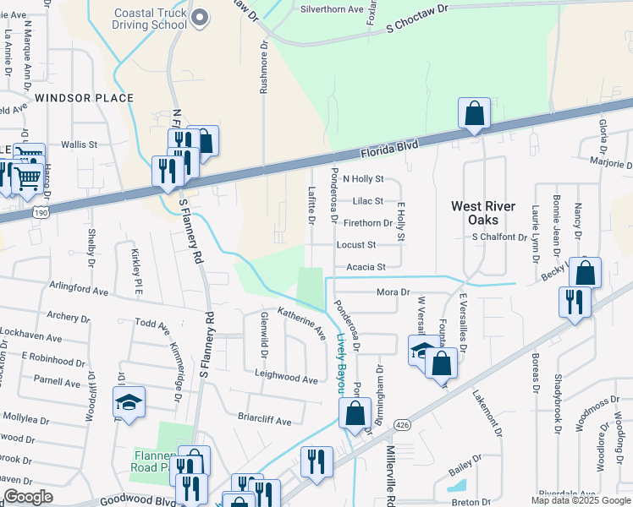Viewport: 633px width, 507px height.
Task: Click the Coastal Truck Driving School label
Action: point(151,18)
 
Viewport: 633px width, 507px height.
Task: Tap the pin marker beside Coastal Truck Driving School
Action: point(200,18)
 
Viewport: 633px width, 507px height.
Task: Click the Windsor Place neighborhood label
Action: point(85,98)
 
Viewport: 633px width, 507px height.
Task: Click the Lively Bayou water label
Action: point(341,362)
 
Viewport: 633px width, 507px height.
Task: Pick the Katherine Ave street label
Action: point(302,323)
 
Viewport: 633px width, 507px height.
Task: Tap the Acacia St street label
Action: point(366,267)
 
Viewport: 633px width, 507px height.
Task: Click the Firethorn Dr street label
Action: point(368,223)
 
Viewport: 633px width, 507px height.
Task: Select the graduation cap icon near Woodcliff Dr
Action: point(129,404)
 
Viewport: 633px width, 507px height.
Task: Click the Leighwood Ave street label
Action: point(287,378)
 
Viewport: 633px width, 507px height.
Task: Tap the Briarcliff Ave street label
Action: point(264,421)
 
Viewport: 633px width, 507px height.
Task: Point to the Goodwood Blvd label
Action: point(136,499)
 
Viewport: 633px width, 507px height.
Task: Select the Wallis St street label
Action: point(80,145)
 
